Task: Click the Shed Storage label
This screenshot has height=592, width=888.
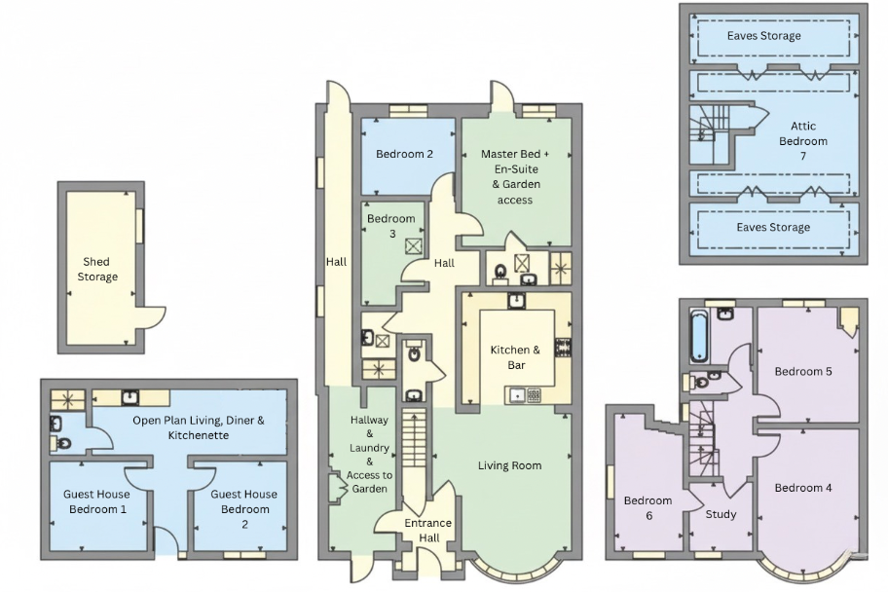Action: click(97, 269)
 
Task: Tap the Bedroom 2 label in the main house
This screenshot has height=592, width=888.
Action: click(404, 154)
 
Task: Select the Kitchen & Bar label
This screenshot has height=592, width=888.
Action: click(515, 357)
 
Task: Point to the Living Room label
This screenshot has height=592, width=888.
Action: click(509, 465)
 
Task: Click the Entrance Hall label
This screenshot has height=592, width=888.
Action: click(428, 531)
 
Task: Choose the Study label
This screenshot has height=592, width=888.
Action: click(721, 514)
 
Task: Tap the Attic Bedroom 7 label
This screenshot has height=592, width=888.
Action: click(803, 140)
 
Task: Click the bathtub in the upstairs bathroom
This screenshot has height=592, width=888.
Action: click(699, 336)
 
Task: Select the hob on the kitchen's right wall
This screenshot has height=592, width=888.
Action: click(564, 347)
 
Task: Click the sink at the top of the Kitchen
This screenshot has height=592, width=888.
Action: click(516, 300)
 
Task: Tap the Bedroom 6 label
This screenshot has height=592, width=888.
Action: click(647, 507)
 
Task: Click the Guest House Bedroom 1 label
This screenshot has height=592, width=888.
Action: click(96, 501)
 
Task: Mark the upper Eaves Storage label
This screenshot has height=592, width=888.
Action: click(764, 36)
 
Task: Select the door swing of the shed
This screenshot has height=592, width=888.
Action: click(153, 317)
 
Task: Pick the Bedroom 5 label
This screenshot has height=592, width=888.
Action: click(803, 372)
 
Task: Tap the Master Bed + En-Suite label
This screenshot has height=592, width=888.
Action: click(515, 162)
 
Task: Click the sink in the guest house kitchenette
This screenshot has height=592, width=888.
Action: click(130, 397)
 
